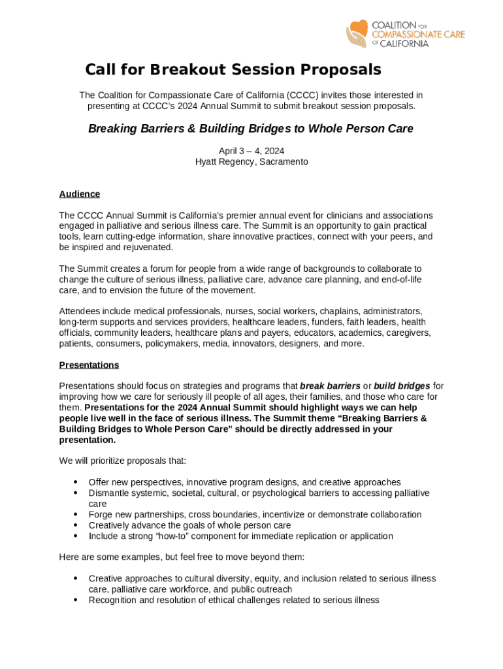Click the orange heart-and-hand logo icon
[357, 33]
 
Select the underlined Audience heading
[79, 194]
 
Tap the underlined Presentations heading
[89, 365]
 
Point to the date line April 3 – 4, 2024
[252, 151]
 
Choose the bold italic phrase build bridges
[402, 386]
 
